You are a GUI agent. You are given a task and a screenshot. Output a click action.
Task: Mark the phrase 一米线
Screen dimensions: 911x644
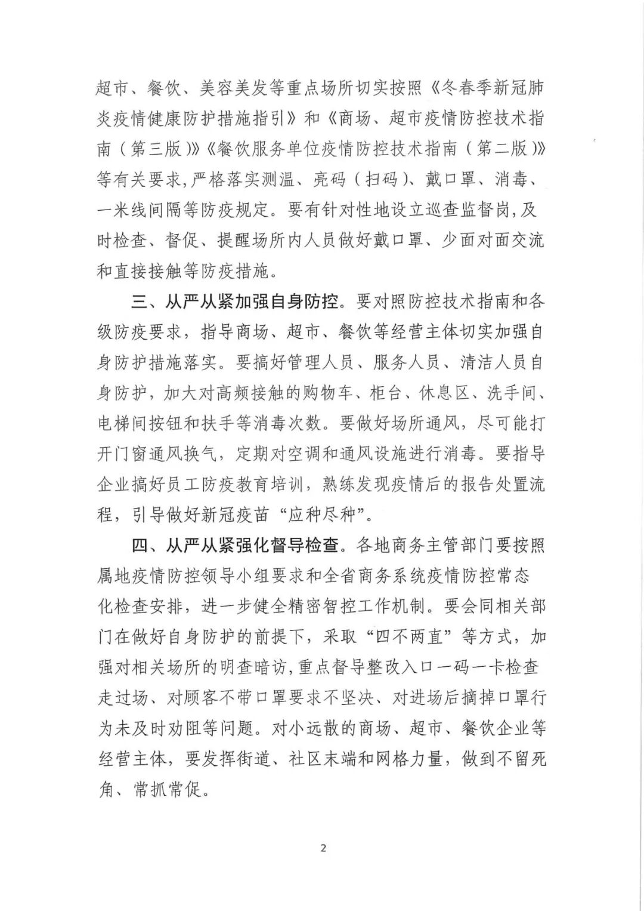click(124, 211)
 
